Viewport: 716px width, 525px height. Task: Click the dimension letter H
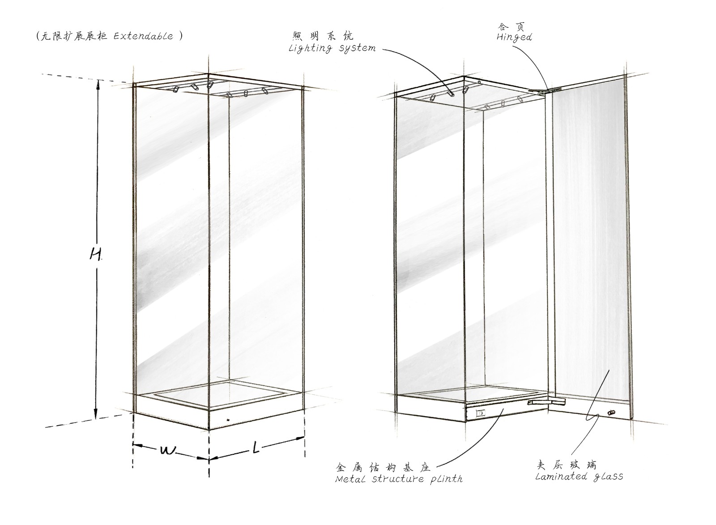pyautogui.click(x=95, y=255)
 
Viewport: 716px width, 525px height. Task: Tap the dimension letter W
pyautogui.click(x=167, y=451)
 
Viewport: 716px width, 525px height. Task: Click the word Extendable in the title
pyautogui.click(x=143, y=36)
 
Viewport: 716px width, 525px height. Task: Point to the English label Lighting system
pyautogui.click(x=332, y=49)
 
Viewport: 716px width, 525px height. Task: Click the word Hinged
pyautogui.click(x=514, y=38)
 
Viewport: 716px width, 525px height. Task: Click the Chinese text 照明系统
pyautogui.click(x=323, y=36)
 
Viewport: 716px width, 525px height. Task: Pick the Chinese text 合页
pyautogui.click(x=510, y=26)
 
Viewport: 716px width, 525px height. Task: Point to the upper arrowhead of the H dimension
pyautogui.click(x=98, y=84)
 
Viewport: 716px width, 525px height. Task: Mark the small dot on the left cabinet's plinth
pyautogui.click(x=228, y=419)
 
